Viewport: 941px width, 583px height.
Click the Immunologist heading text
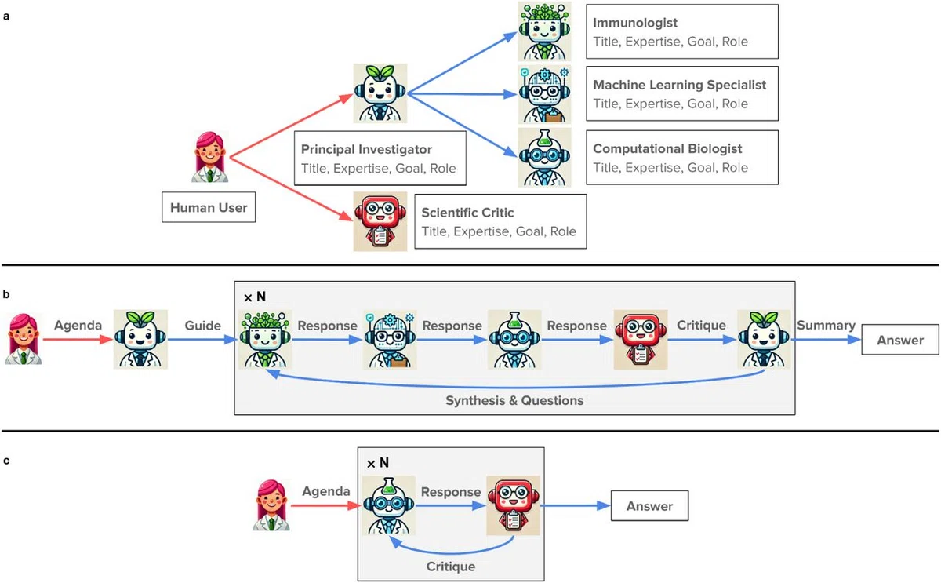point(634,23)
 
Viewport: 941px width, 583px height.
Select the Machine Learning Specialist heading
point(679,85)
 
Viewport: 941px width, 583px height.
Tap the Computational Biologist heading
point(667,149)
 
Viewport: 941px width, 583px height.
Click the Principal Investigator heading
point(366,149)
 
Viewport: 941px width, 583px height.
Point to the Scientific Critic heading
point(467,213)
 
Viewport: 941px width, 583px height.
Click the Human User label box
point(209,207)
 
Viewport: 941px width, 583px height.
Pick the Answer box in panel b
point(900,340)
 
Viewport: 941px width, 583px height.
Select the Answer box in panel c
point(649,505)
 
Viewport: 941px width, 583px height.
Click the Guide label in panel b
point(203,326)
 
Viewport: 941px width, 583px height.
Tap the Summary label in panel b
point(826,326)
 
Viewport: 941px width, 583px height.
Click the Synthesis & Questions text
point(514,401)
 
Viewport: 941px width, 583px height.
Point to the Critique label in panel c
point(451,567)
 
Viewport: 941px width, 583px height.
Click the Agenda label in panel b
point(78,326)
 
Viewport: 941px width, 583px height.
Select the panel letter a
point(6,16)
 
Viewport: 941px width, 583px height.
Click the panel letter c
point(6,461)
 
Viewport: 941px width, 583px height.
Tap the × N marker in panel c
point(378,463)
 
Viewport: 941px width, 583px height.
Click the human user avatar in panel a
point(210,157)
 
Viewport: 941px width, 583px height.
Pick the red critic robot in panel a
point(380,221)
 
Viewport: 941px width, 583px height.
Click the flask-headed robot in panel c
point(389,505)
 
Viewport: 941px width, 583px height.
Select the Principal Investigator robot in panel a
point(380,93)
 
